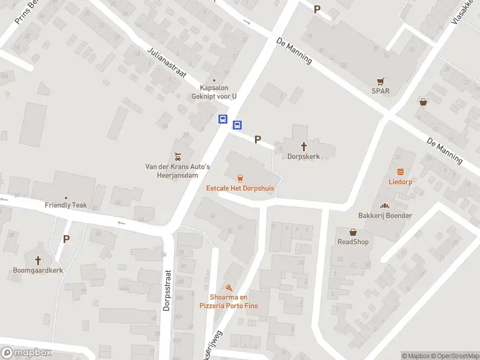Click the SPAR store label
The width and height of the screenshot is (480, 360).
click(380, 91)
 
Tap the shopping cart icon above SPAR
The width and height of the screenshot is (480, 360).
click(380, 81)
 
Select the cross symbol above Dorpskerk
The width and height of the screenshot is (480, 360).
click(304, 146)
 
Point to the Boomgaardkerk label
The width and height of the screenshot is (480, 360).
click(38, 270)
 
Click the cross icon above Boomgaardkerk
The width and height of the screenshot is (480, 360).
click(38, 260)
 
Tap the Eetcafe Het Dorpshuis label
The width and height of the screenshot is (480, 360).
click(240, 188)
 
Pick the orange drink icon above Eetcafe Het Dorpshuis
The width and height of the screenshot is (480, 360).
click(240, 178)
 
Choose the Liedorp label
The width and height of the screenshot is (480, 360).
click(400, 181)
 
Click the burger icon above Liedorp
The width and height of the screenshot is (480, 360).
click(400, 171)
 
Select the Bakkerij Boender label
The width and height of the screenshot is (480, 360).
click(385, 215)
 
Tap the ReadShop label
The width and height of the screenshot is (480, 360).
click(353, 242)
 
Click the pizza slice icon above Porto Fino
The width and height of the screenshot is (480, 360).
click(228, 288)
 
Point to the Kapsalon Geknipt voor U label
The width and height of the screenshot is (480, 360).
click(214, 91)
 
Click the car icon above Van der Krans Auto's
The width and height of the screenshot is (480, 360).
click(178, 156)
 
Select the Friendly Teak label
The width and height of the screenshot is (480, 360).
click(66, 205)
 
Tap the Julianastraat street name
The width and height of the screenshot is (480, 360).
click(167, 62)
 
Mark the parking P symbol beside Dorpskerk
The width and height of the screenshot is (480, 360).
click(257, 139)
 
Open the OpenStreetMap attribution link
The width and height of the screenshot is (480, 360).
click(455, 356)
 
